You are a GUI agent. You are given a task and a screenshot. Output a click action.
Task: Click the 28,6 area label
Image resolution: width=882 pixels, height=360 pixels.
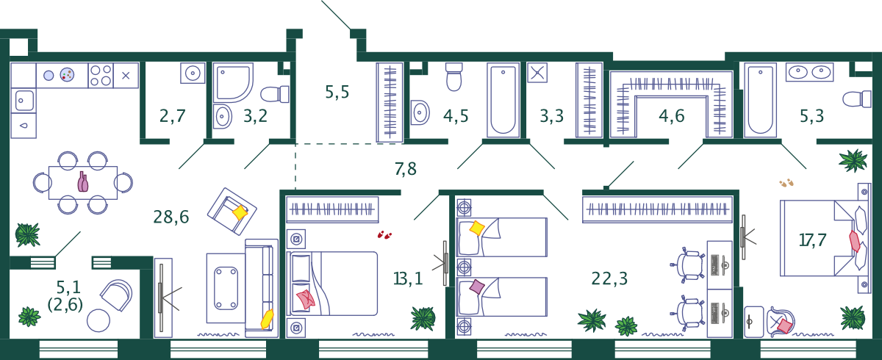tap(171, 217)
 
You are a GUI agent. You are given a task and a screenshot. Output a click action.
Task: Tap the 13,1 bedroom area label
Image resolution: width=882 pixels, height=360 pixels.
tap(408, 278)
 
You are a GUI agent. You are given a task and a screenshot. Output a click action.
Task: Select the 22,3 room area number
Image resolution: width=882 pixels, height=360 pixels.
tap(609, 278)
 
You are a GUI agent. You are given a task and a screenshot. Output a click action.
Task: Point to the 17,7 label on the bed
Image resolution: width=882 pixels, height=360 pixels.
tap(812, 240)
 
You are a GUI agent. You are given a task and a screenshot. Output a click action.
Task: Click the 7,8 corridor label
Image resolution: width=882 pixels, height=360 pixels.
tap(406, 169)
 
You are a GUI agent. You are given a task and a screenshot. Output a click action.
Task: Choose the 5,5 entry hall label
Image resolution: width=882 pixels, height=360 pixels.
tap(337, 92)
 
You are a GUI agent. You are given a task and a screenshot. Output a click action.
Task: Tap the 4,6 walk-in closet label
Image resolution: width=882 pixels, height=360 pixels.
tap(672, 116)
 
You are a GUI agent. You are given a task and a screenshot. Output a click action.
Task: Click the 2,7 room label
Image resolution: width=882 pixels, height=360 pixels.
tap(173, 116)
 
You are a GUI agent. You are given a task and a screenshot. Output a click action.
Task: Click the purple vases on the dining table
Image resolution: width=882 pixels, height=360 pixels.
tap(82, 181)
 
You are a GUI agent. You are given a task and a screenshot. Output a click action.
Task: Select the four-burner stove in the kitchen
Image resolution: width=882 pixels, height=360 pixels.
tap(101, 75)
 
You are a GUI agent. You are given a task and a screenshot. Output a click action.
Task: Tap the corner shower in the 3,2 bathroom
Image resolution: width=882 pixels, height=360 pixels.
tap(233, 82)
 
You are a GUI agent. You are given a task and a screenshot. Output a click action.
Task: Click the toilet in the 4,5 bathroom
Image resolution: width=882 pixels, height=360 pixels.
tap(454, 76)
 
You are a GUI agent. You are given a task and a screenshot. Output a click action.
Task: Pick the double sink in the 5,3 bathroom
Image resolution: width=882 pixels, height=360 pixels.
tap(809, 72)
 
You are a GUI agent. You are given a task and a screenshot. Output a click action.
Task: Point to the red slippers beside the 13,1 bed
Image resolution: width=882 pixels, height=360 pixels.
tap(384, 235)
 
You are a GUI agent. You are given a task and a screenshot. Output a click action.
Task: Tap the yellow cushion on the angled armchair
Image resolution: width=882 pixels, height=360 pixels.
tap(240, 212)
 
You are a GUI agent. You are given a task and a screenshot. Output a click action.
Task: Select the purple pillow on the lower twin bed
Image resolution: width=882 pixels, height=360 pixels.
tap(477, 287)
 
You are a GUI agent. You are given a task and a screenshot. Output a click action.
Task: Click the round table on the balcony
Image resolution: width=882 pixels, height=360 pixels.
tap(98, 320)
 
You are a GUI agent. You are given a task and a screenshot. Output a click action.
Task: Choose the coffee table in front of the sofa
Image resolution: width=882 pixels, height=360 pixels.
tap(226, 289)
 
